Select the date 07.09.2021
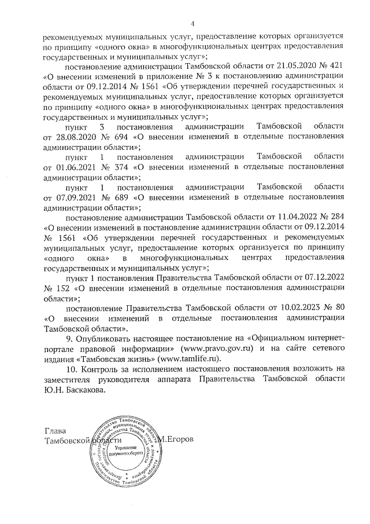pos(73,197)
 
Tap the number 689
pos(117,197)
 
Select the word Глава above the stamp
pos(55,431)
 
